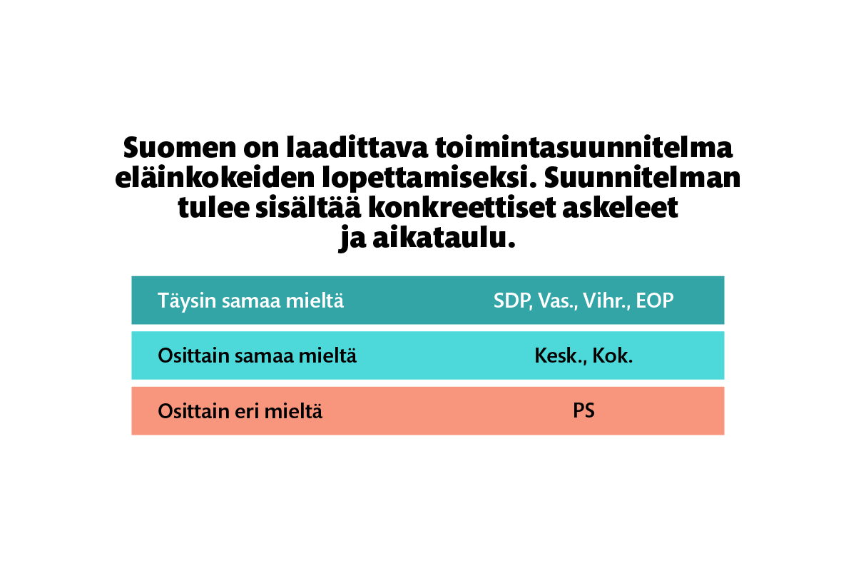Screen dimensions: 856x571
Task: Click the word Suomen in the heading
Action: (x=180, y=147)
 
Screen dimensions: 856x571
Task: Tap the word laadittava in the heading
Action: (x=357, y=146)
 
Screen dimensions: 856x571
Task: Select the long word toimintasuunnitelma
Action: (x=584, y=146)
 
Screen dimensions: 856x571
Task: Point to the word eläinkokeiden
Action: (x=215, y=177)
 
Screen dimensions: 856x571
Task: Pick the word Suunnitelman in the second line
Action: (x=643, y=177)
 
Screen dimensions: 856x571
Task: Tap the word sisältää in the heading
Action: (x=308, y=207)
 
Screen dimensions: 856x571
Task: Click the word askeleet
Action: (x=620, y=207)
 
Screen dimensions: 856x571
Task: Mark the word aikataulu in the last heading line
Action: (x=444, y=238)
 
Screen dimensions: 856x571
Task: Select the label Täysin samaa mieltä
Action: (x=250, y=301)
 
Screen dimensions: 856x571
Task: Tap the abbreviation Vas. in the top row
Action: (x=559, y=301)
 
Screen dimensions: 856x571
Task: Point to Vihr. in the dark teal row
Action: (x=607, y=300)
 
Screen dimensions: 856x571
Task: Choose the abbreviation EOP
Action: (x=655, y=300)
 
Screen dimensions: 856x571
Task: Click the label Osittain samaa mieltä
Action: (x=258, y=355)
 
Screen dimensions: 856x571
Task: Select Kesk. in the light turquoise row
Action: (x=561, y=356)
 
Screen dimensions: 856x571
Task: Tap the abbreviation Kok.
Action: (x=613, y=355)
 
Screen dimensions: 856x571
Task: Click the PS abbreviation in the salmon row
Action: (x=584, y=410)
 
